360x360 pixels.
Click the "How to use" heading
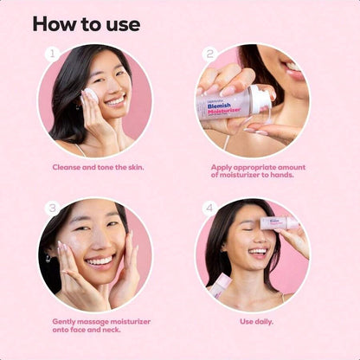coord(87,24)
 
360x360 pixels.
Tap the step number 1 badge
coord(52,54)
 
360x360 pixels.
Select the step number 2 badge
coord(209,54)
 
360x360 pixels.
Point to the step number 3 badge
coord(52,208)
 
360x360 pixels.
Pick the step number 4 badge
coord(209,208)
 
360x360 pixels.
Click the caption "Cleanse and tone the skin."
coord(98,167)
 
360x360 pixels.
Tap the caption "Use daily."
coord(256,322)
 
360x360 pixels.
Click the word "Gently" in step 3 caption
coord(64,322)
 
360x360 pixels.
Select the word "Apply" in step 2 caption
coord(221,168)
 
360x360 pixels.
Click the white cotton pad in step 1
coord(90,94)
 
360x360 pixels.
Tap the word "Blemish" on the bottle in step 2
coord(219,106)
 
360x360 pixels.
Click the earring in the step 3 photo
coord(48,257)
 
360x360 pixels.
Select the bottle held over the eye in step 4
coord(279,223)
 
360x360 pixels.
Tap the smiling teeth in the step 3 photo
coord(100,261)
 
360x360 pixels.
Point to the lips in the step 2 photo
coord(293,72)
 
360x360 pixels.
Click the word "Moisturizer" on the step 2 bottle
coord(224,111)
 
